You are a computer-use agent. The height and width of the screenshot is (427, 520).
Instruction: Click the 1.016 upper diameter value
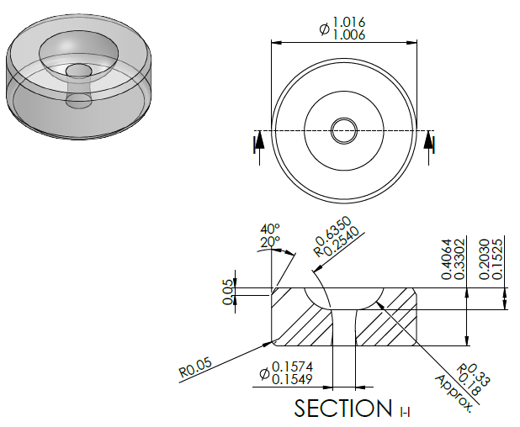348,22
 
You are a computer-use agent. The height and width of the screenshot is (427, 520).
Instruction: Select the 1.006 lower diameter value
348,34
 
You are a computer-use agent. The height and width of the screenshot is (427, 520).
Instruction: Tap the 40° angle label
270,229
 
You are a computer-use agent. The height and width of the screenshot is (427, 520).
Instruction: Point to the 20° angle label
270,242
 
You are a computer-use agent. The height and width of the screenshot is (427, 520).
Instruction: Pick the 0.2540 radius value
342,240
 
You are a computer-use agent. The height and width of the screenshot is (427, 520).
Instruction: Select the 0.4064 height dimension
447,259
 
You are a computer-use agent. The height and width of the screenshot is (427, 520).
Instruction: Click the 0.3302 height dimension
459,259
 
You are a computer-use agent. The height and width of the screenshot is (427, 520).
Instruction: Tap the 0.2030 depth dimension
485,259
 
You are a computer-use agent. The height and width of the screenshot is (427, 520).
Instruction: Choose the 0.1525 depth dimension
497,259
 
